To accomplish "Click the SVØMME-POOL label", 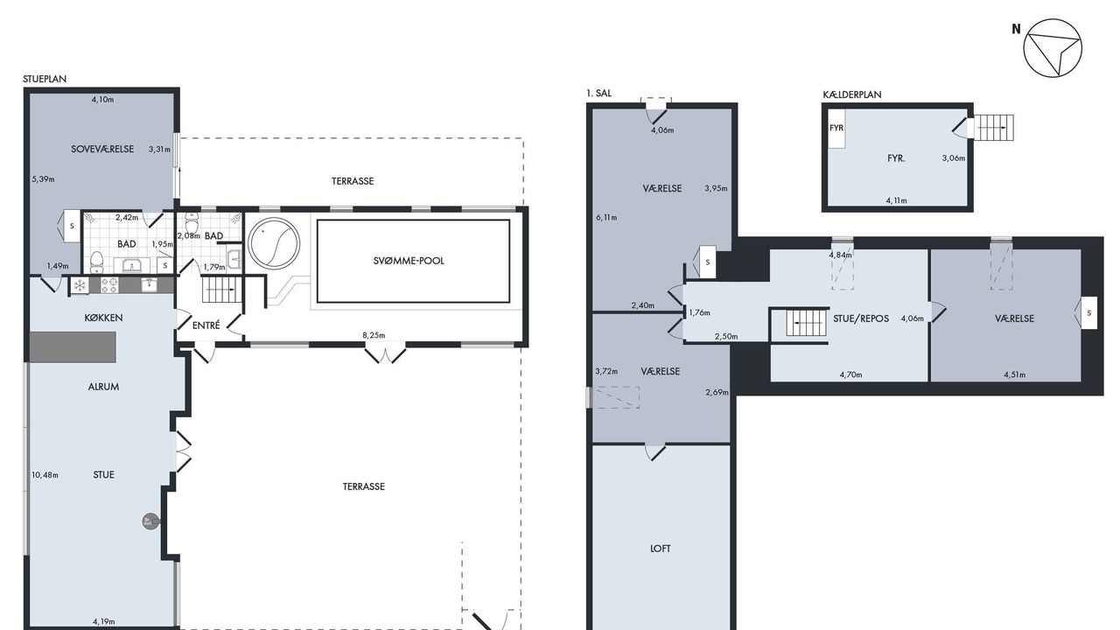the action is tap(409, 261).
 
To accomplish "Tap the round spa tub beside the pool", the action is tap(274, 243).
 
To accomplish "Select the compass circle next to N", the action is tap(1053, 48).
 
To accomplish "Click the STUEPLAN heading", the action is tap(45, 79).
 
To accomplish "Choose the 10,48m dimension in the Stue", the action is tap(45, 475).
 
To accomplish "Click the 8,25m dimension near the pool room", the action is tap(374, 335).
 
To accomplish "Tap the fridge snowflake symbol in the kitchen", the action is tap(80, 285).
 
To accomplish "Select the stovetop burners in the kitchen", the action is tap(109, 285).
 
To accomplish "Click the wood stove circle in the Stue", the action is tap(150, 522).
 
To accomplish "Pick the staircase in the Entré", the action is tap(221, 290).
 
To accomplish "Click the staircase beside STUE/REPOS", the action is tap(805, 323).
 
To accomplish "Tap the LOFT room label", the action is tap(660, 549).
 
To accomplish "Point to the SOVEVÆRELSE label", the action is tap(102, 149).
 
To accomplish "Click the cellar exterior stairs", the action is tap(994, 128).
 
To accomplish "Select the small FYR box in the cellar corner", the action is tap(836, 128).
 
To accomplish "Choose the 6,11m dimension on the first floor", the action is tap(606, 218).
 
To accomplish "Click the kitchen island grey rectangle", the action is tap(73, 346).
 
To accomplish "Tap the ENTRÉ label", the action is tap(206, 325).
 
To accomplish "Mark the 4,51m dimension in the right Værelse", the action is tap(1015, 374).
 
